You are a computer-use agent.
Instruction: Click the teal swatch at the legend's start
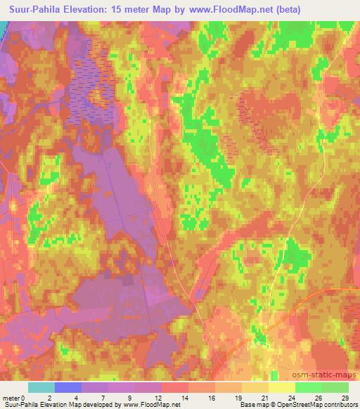click(41, 387)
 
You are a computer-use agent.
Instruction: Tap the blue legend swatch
click(68, 387)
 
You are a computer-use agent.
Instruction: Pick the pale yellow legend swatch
click(282, 387)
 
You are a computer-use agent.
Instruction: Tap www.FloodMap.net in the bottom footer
click(150, 405)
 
